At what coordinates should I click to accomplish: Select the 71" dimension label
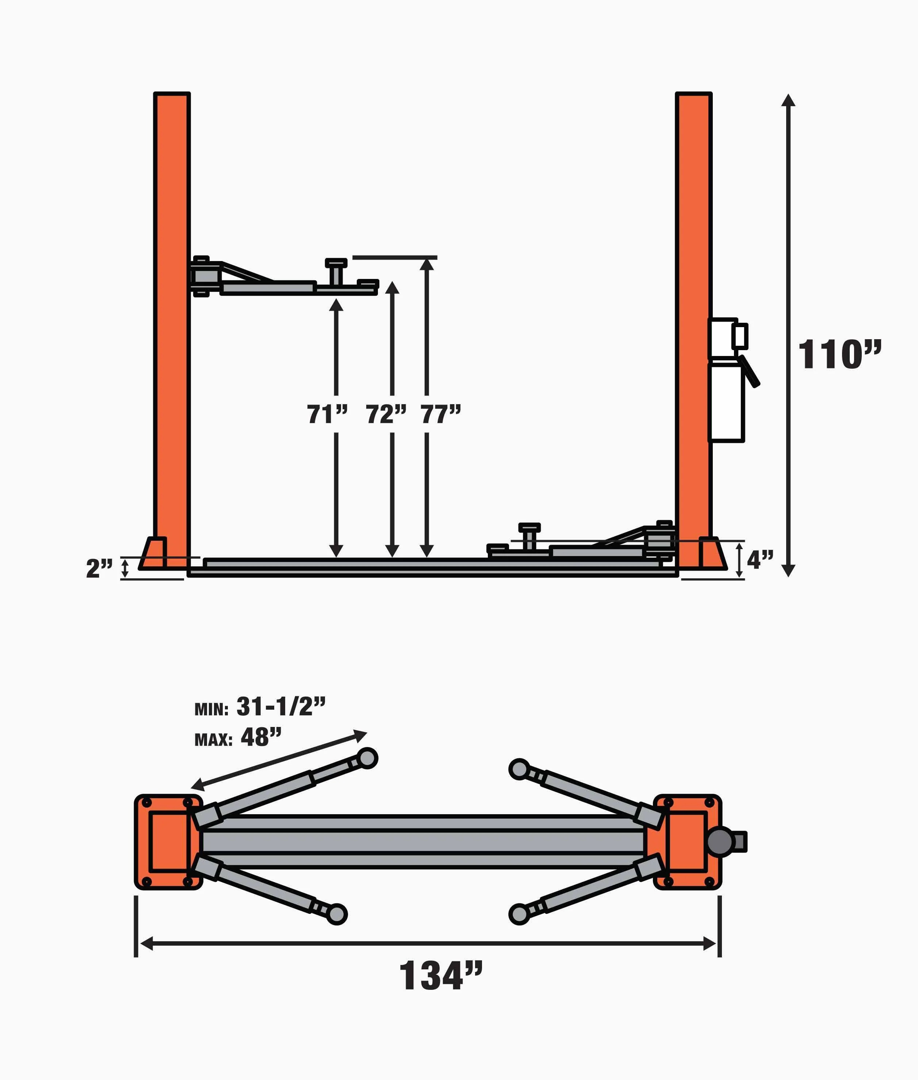pyautogui.click(x=327, y=415)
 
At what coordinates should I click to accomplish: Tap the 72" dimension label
pyautogui.click(x=386, y=415)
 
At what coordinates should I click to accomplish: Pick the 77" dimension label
pyautogui.click(x=441, y=415)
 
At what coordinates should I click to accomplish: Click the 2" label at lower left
pyautogui.click(x=99, y=568)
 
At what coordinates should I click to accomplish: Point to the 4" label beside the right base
pyautogui.click(x=760, y=560)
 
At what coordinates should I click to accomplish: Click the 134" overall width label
pyautogui.click(x=440, y=976)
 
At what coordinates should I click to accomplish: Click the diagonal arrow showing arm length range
pyautogui.click(x=279, y=761)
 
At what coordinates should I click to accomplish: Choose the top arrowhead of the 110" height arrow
pyautogui.click(x=788, y=100)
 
